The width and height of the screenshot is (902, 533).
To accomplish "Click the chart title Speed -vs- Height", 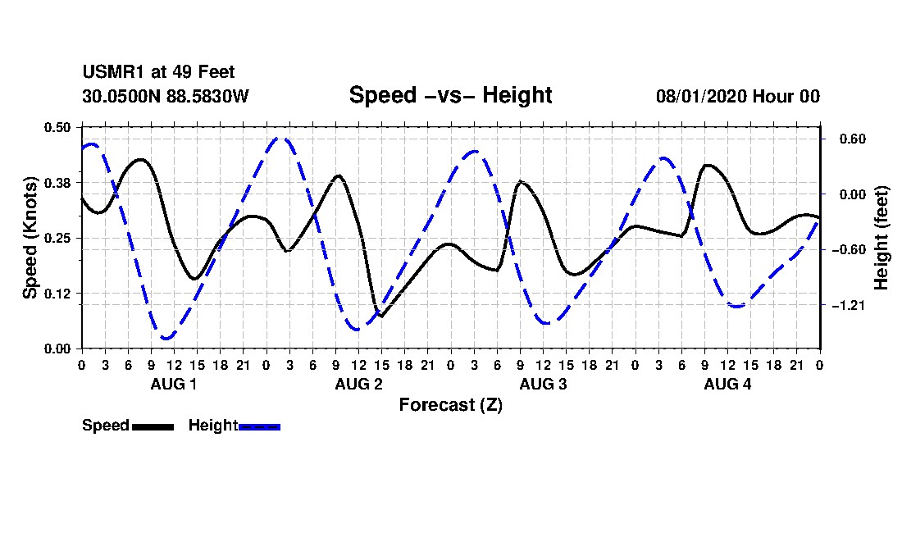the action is [450, 95].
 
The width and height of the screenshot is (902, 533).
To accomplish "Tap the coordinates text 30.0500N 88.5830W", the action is [166, 96].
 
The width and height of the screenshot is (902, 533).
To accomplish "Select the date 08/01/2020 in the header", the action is [700, 96].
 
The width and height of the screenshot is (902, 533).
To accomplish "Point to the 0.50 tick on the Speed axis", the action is [57, 127].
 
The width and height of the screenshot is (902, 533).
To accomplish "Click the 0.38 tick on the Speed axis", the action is [57, 183].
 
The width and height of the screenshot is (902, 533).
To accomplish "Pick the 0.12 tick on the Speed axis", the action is [57, 294].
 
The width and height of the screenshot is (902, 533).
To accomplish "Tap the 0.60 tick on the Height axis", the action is [853, 139].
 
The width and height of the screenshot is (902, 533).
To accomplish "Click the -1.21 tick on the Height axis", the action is [849, 305].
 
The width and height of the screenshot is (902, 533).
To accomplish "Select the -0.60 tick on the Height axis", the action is [849, 250].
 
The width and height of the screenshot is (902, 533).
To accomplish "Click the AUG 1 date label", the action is [174, 384].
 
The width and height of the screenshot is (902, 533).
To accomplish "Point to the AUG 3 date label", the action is [543, 384].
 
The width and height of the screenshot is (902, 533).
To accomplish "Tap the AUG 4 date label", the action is [727, 384].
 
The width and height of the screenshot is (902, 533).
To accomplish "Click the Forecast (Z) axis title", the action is [451, 405].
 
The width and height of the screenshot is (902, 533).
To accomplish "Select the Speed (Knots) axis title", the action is [30, 238].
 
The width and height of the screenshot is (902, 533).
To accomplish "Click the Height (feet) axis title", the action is [881, 238].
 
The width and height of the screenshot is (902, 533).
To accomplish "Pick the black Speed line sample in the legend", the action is [153, 427].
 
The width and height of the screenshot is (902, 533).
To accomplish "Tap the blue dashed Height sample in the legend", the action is [259, 427].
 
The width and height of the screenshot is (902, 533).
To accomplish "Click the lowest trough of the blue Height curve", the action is [166, 339].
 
